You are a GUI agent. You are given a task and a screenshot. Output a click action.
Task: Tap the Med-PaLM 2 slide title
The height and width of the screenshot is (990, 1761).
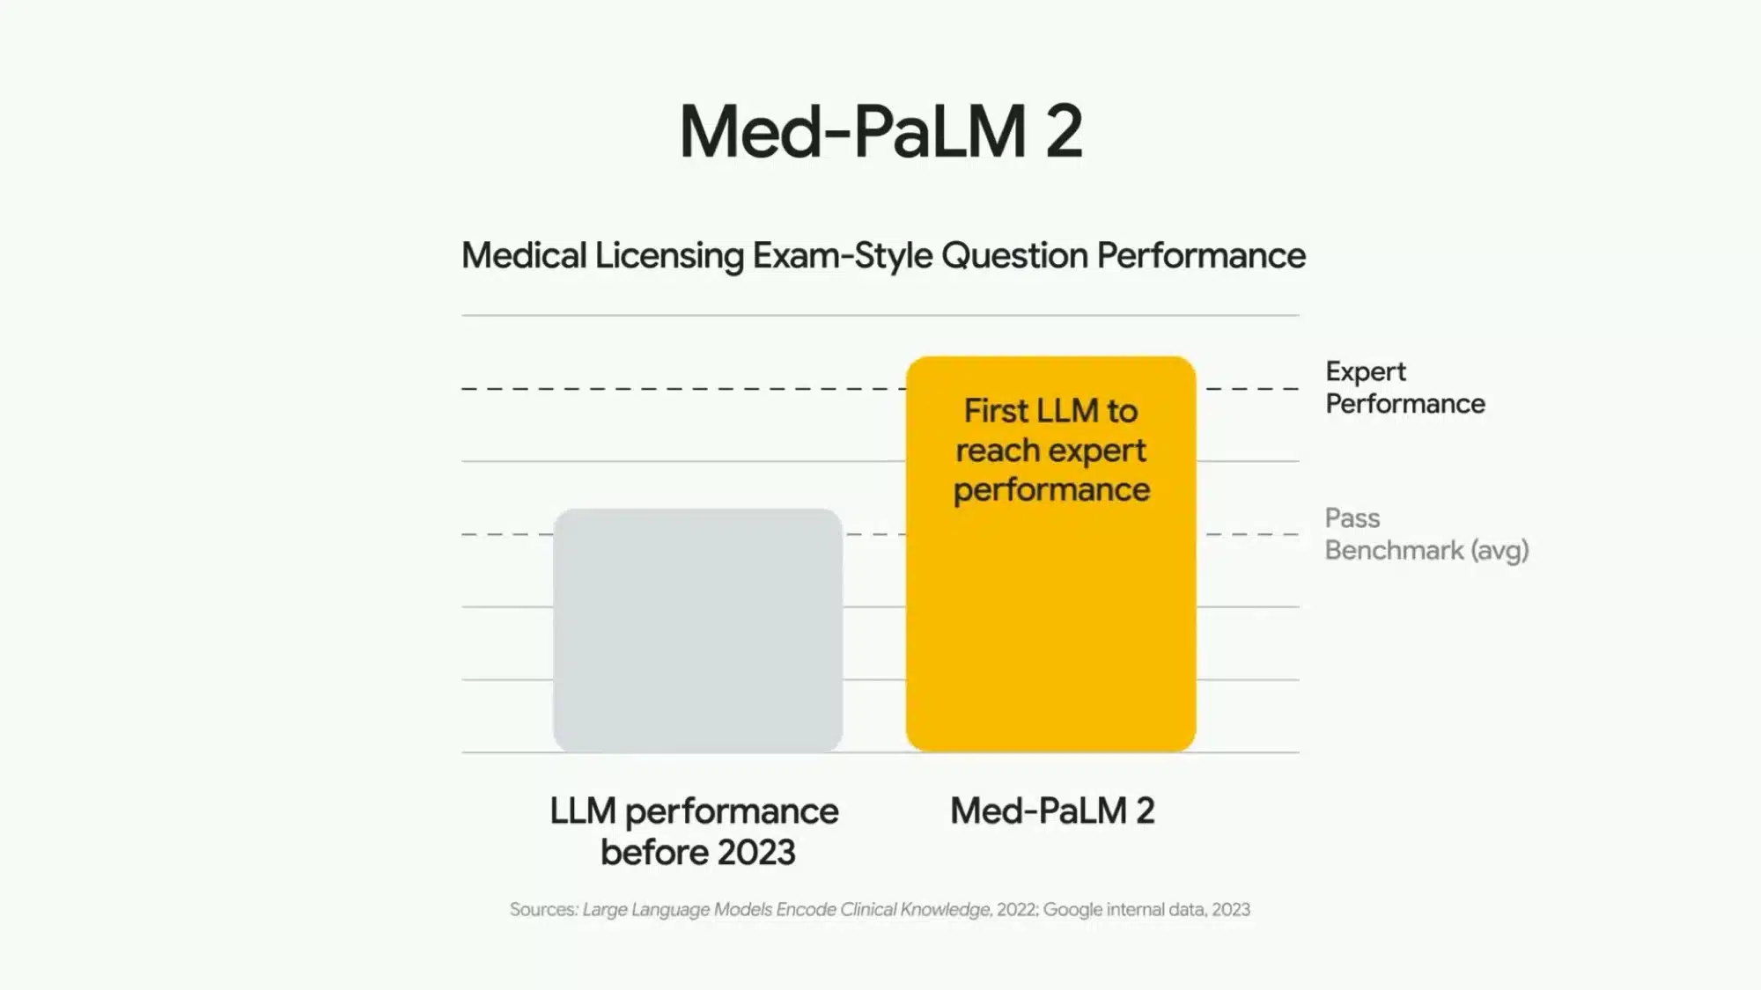click(880, 132)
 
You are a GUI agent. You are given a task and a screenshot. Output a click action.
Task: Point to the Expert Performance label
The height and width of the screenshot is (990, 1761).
click(1404, 387)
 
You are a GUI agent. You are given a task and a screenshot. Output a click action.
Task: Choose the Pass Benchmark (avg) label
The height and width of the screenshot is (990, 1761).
click(1426, 534)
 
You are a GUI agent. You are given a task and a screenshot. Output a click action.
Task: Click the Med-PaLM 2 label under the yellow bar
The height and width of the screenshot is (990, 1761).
click(1052, 810)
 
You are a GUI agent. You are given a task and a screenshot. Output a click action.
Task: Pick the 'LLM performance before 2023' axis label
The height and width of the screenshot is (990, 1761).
click(695, 831)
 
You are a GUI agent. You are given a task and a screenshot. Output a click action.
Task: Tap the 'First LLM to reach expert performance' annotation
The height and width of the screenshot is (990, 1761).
click(1051, 450)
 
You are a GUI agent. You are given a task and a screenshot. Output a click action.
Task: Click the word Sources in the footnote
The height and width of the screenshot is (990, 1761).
click(543, 909)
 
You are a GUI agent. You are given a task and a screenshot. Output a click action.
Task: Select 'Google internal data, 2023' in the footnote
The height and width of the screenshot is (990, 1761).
click(1146, 909)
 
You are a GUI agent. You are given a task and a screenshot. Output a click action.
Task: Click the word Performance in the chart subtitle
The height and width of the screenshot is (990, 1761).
click(1201, 256)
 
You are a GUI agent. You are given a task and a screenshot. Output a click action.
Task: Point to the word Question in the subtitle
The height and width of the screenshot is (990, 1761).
click(1014, 256)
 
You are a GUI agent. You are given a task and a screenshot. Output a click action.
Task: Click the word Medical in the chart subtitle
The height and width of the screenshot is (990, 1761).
click(524, 256)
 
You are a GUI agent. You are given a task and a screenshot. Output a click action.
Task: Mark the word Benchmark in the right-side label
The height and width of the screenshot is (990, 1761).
click(1394, 551)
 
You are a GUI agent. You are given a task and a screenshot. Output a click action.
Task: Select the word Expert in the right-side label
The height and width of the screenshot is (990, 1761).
click(1366, 371)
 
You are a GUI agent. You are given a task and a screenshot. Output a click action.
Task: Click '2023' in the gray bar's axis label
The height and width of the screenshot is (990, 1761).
click(756, 852)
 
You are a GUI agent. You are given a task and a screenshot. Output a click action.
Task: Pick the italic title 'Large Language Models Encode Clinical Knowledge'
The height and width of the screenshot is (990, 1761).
click(786, 909)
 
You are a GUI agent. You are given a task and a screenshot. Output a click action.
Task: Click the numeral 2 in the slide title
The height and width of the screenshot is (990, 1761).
click(1064, 132)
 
